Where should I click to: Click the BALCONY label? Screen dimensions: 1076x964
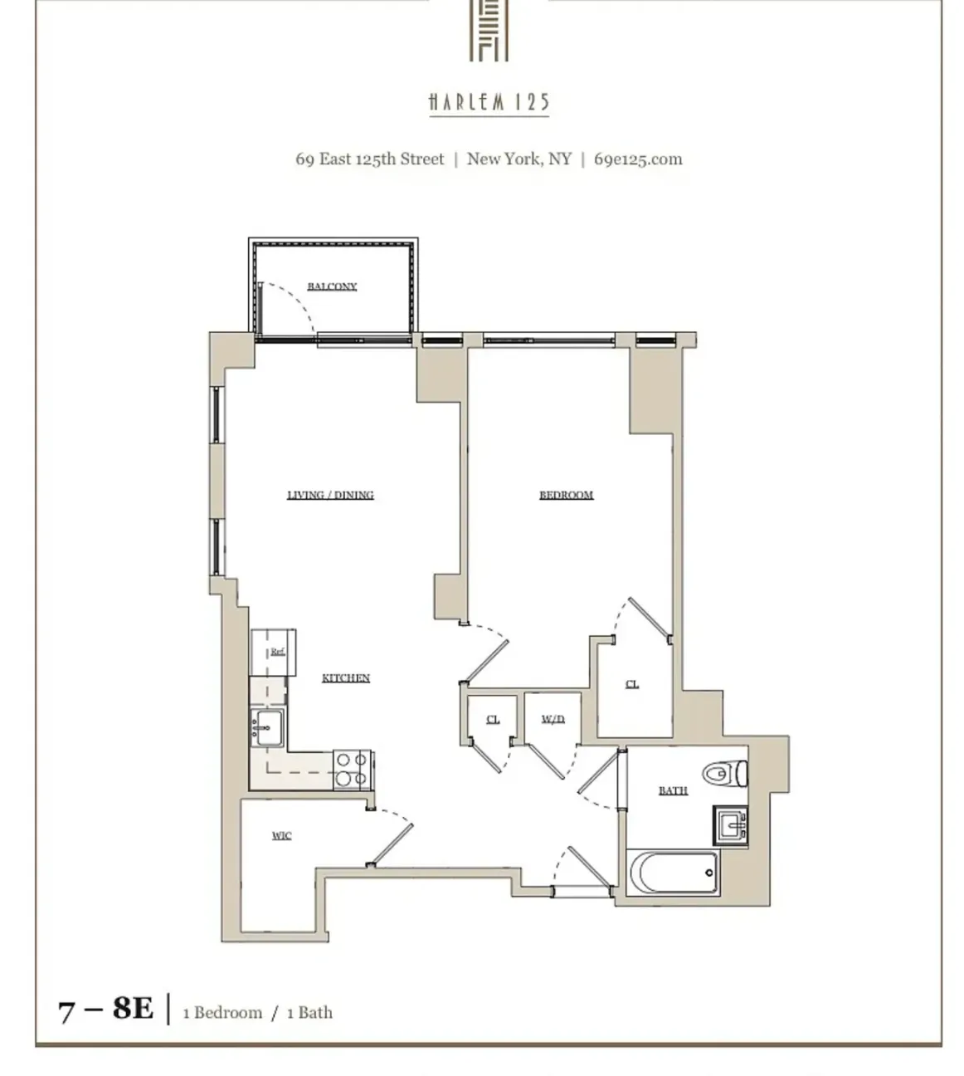[332, 286]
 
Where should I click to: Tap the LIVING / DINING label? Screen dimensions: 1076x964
[330, 495]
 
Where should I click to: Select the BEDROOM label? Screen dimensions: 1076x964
[566, 495]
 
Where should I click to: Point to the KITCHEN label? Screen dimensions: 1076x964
[345, 678]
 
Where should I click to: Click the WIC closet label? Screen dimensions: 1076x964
[281, 835]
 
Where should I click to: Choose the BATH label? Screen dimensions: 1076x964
[673, 790]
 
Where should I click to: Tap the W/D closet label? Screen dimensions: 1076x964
[553, 719]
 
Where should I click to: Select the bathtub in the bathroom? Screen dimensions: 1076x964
[672, 873]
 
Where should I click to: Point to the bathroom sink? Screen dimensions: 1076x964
[729, 826]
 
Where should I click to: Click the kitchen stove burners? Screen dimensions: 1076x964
[351, 769]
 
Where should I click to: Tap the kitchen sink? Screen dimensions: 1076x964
[267, 728]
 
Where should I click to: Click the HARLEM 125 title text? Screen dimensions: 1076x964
[489, 102]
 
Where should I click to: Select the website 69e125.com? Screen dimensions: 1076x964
[637, 159]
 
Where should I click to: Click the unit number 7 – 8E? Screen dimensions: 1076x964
[105, 1009]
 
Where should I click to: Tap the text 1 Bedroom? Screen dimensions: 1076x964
[222, 1013]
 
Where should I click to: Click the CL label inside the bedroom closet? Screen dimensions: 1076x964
[631, 684]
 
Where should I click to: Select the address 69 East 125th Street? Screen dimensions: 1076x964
[370, 159]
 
